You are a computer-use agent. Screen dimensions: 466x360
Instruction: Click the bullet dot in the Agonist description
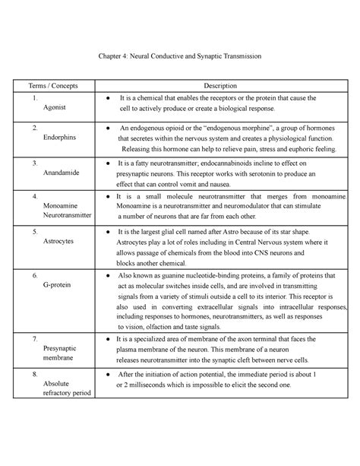tap(110, 99)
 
